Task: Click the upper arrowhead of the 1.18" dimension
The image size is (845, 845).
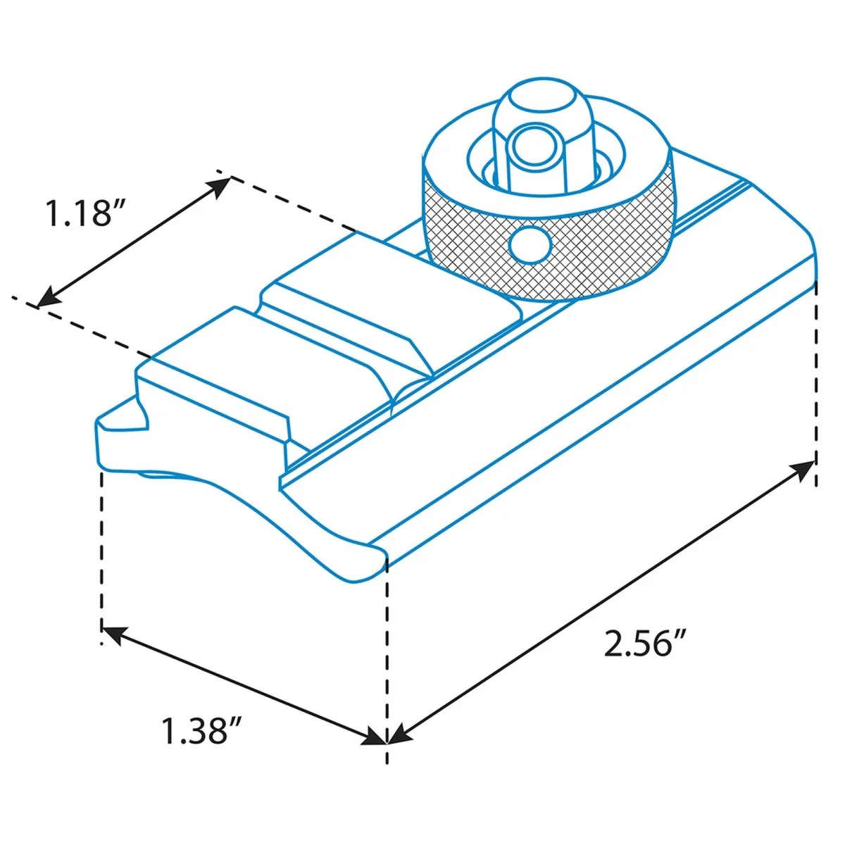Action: [218, 187]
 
